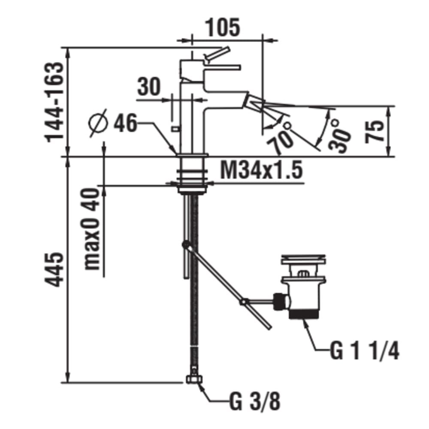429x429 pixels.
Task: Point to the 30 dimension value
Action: pyautogui.click(x=148, y=87)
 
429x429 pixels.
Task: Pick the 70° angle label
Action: pyautogui.click(x=281, y=137)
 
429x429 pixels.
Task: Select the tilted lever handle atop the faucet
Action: pyautogui.click(x=218, y=54)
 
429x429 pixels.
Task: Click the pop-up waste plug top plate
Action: pyautogui.click(x=303, y=260)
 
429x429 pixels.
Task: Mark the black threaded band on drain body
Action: pyautogui.click(x=303, y=315)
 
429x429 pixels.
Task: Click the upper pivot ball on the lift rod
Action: pyautogui.click(x=186, y=245)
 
